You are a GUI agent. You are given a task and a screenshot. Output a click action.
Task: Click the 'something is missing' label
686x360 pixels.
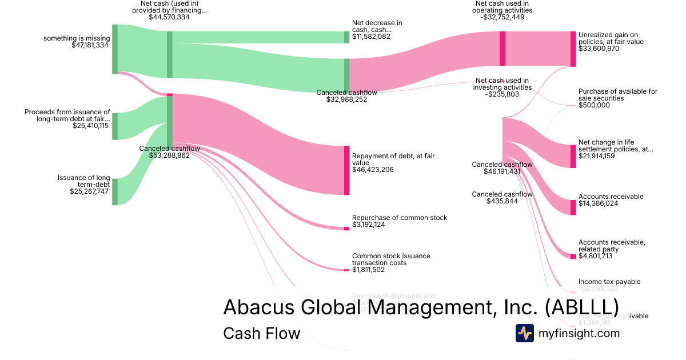[76, 38]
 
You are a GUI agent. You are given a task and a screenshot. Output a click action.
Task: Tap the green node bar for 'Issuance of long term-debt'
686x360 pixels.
[115, 191]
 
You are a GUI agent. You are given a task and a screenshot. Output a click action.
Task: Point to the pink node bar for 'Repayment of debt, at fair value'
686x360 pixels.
[346, 170]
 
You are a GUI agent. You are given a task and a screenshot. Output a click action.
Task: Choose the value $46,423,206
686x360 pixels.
[373, 170]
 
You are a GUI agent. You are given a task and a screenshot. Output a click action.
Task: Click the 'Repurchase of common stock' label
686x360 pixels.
[400, 218]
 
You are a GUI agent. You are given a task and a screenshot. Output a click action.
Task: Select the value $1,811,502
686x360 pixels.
[368, 270]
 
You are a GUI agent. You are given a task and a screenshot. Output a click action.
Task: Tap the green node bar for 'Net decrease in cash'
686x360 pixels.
[346, 37]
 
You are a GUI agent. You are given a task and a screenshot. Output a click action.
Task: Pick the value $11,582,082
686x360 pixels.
[371, 37]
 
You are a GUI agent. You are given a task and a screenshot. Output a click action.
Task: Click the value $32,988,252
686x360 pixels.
[346, 99]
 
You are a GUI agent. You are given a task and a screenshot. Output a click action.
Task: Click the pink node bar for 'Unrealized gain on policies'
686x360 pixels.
[573, 49]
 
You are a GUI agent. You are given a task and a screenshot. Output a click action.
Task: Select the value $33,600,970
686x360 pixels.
[599, 49]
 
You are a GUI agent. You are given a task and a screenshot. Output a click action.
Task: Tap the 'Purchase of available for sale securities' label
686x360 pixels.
[617, 95]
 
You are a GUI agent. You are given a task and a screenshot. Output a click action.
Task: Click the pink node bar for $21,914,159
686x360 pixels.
[573, 156]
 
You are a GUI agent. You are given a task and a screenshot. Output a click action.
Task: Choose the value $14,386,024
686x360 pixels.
[598, 203]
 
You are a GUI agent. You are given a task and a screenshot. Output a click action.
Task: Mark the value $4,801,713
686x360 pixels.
[595, 256]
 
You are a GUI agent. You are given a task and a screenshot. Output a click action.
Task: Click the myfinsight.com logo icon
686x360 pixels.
[525, 333]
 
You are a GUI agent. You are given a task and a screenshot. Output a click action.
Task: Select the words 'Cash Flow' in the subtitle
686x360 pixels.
[261, 333]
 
